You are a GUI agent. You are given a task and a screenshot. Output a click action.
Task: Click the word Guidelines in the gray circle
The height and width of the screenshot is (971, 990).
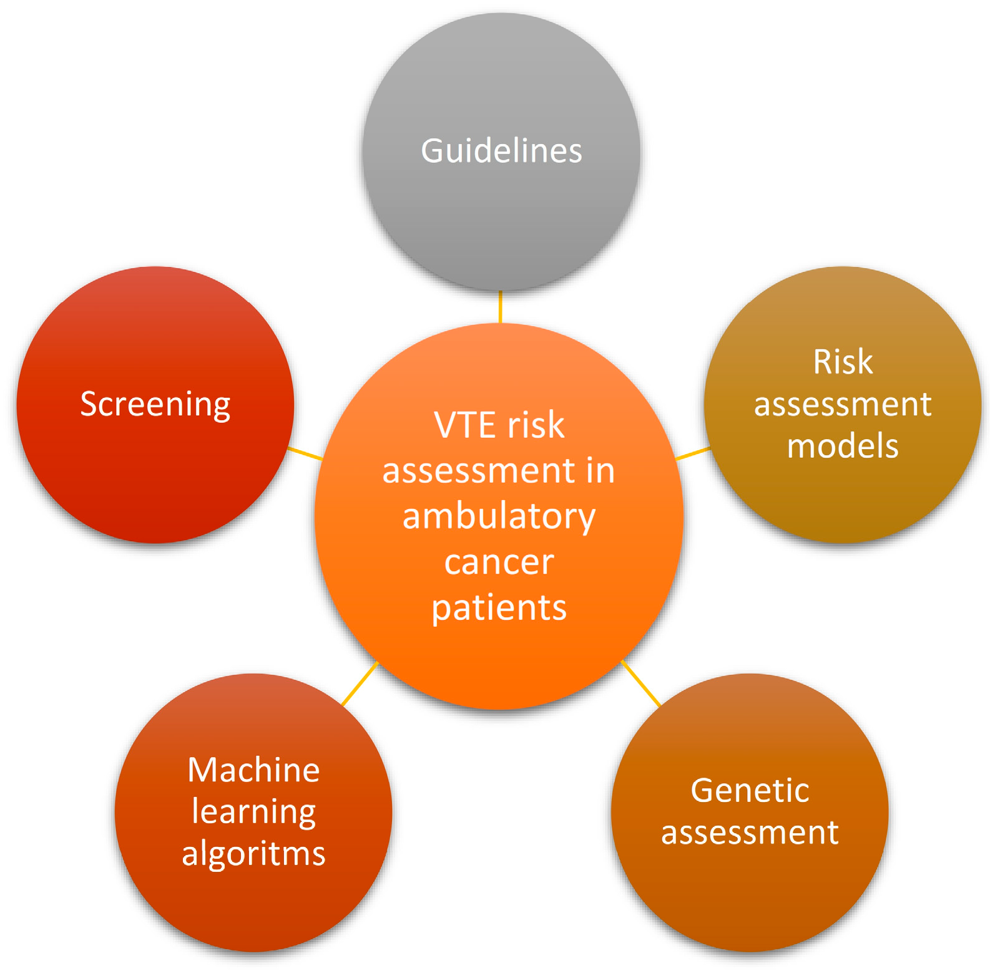tap(501, 151)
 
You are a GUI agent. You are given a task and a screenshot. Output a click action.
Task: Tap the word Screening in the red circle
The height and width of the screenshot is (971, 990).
tap(155, 404)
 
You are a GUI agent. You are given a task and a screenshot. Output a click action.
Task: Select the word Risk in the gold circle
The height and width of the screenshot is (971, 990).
tap(843, 362)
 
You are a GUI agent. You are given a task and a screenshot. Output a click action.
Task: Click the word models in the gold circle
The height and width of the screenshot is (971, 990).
tap(843, 447)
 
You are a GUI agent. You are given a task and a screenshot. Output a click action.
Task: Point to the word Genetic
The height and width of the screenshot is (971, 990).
tap(750, 791)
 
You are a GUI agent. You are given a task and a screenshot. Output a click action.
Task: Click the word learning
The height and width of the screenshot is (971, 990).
tap(253, 811)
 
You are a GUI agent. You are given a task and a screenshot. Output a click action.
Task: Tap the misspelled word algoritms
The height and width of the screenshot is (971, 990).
tap(253, 853)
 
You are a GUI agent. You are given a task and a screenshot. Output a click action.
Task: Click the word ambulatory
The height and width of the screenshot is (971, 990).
tap(499, 516)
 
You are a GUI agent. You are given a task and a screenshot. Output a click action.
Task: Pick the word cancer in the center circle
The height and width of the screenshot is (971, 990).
tap(499, 562)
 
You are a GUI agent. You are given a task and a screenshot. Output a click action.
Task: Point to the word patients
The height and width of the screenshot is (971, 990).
tap(499, 607)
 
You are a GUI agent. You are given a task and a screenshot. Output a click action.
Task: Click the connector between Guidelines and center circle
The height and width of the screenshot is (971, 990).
tap(501, 307)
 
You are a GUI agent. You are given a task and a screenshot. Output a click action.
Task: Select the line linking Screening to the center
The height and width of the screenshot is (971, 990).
tap(305, 453)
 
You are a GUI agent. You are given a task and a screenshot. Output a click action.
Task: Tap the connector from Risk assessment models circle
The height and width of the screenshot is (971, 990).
tap(693, 453)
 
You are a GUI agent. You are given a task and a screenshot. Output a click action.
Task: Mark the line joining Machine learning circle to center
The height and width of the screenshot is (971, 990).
tap(360, 684)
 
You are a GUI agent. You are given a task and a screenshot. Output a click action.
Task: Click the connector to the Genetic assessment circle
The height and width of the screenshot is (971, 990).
tap(641, 684)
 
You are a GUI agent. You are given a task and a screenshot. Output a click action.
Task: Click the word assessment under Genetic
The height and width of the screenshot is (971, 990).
tap(750, 833)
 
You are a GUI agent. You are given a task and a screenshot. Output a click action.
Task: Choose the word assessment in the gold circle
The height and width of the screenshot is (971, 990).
tap(843, 404)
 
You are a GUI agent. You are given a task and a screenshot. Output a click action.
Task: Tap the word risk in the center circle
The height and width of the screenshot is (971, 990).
tap(536, 425)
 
